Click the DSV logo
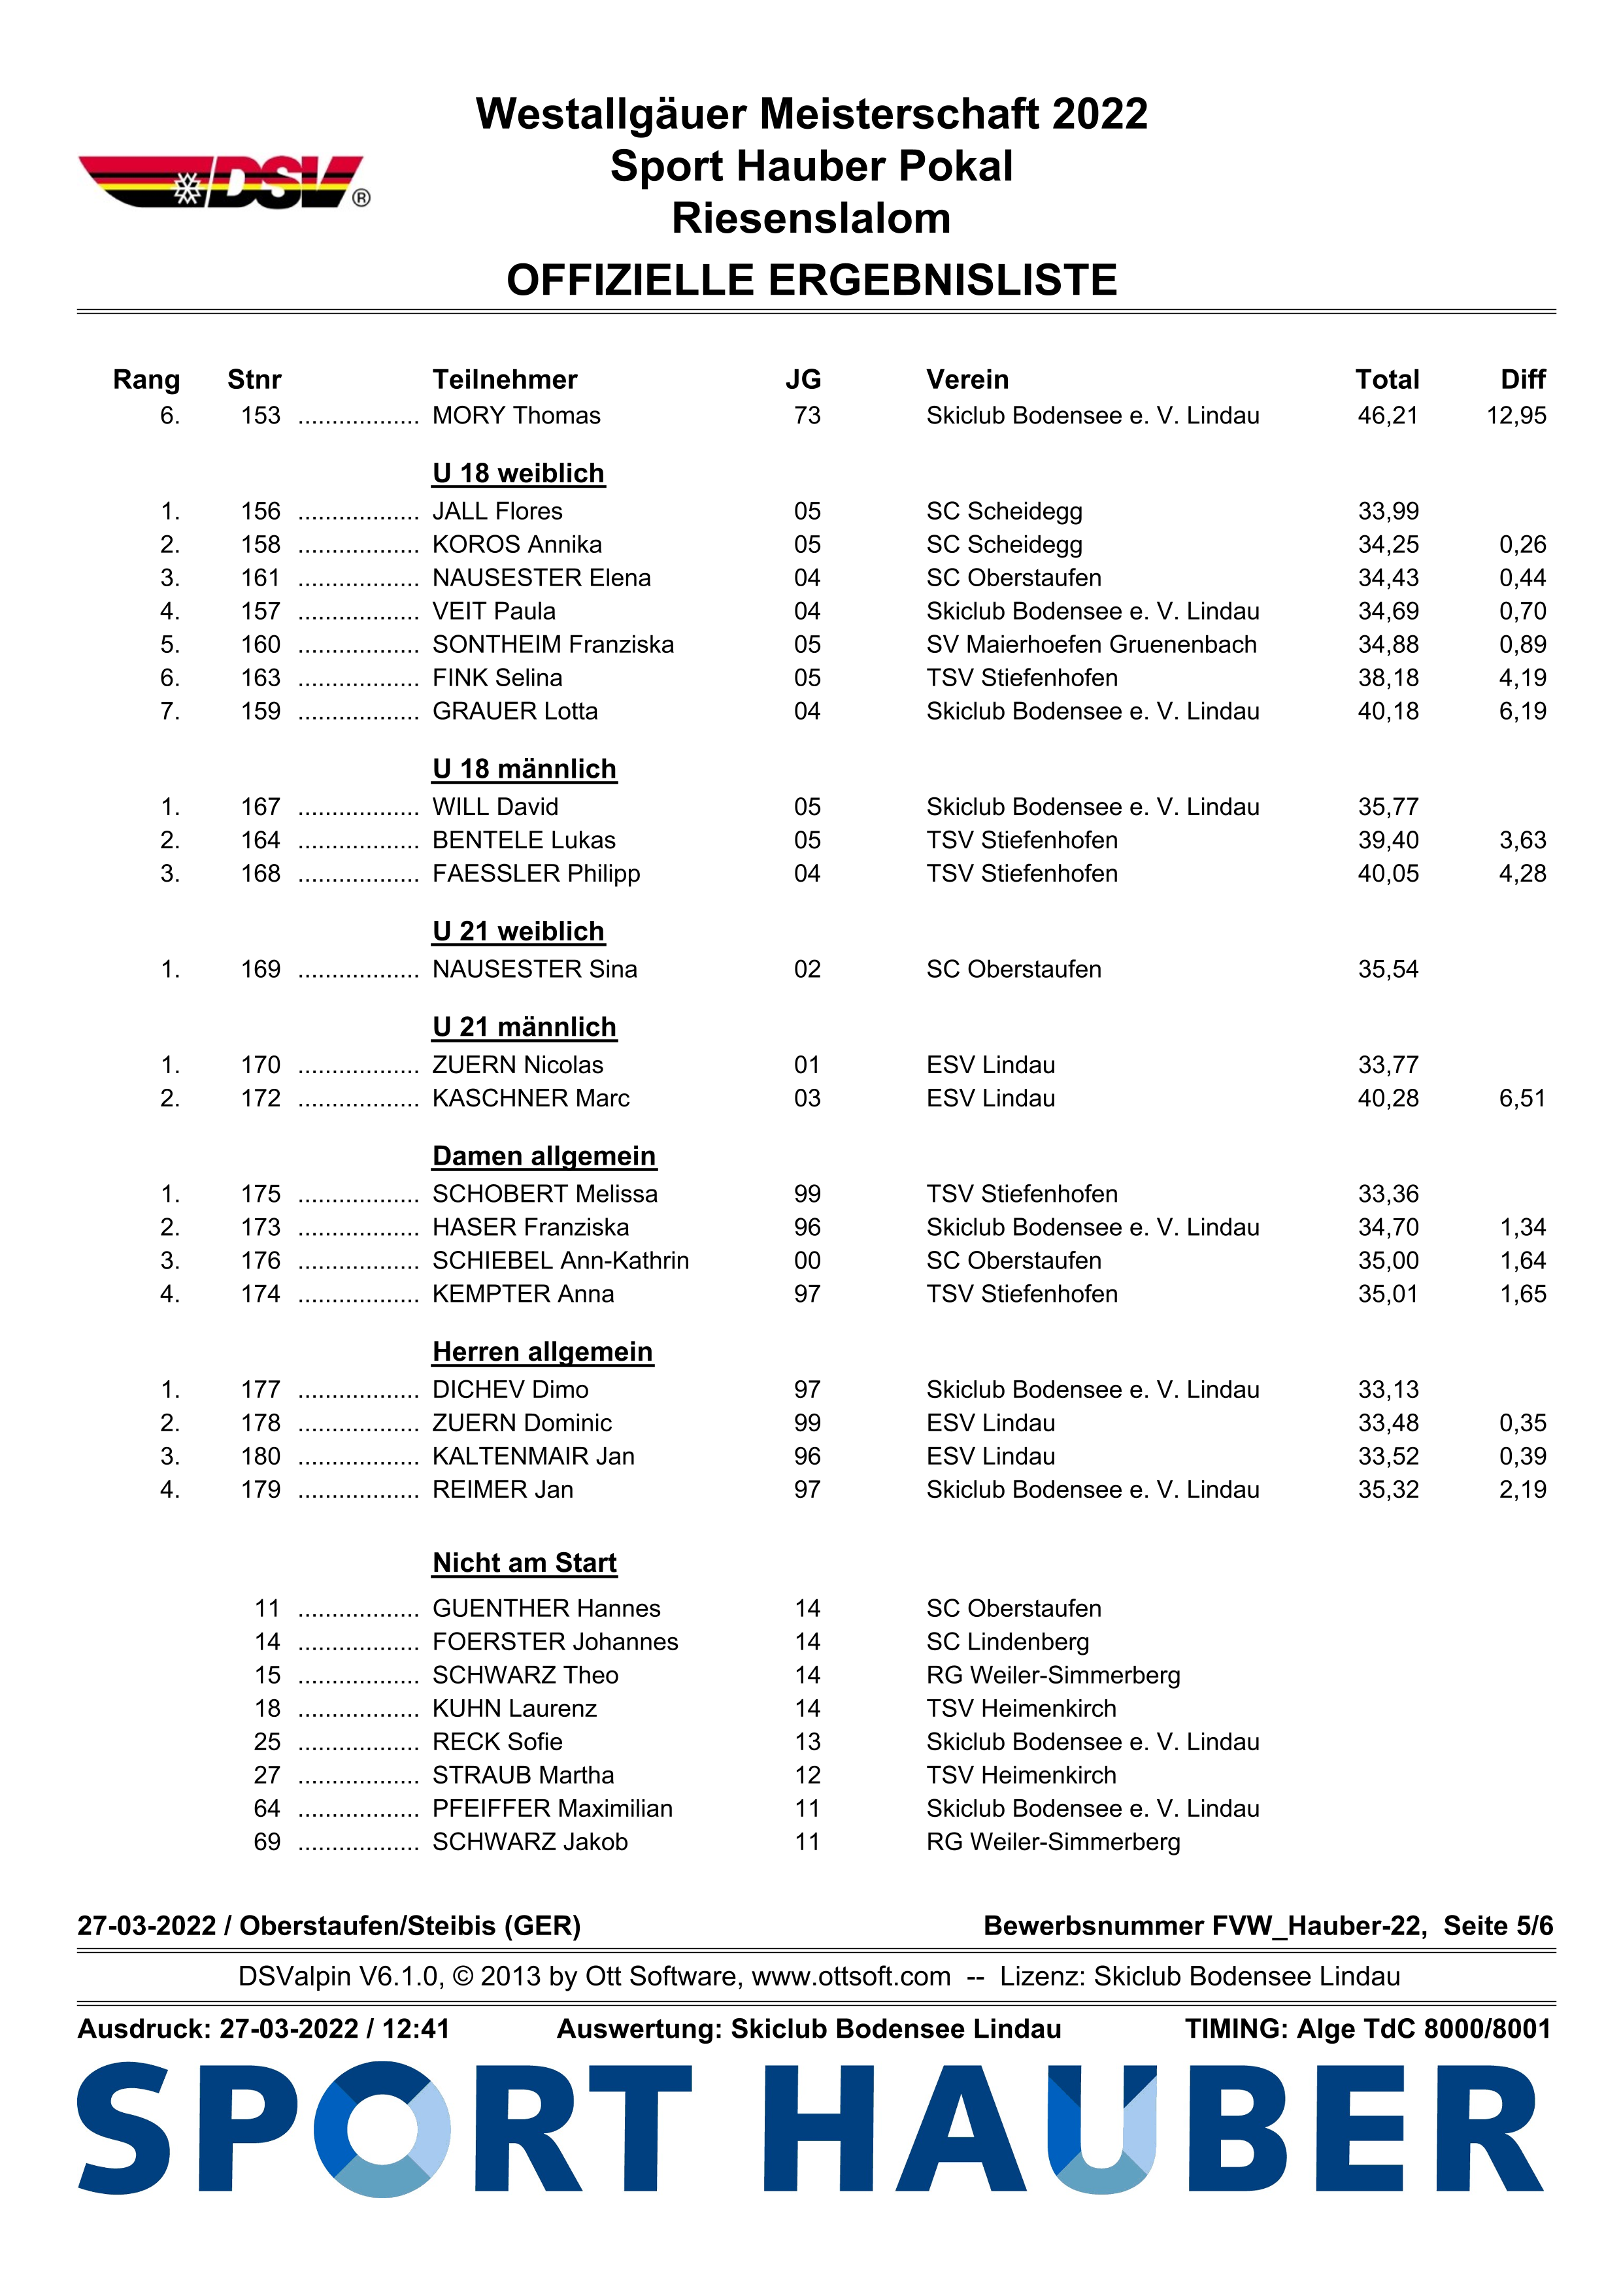[x=224, y=183]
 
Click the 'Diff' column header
[x=1522, y=379]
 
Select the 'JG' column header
[x=803, y=379]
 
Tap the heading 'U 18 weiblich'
[x=518, y=473]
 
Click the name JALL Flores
[x=497, y=511]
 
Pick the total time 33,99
[x=1388, y=511]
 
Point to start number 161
[x=261, y=578]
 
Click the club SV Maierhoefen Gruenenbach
[x=1091, y=645]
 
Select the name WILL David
[x=495, y=806]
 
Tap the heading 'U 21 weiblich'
[x=518, y=931]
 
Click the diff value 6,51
[x=1522, y=1098]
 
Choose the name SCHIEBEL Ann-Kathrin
[x=560, y=1261]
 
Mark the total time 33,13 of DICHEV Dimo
[x=1388, y=1389]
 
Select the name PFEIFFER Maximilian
[x=552, y=1809]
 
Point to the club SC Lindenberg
[x=1007, y=1642]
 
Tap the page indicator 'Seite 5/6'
[x=1498, y=1925]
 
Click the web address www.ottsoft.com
[x=850, y=1976]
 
